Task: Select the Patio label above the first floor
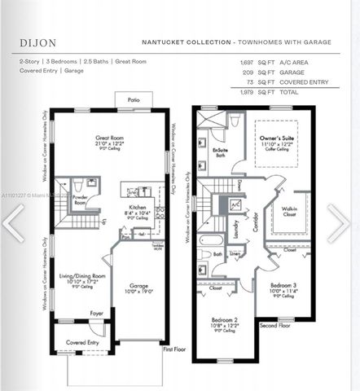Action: pos(133,99)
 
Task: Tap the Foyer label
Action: pos(96,313)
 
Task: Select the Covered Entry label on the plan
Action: pos(81,342)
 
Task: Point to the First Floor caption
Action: pos(174,349)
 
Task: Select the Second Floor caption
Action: pos(275,324)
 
